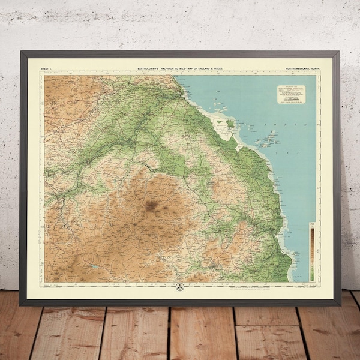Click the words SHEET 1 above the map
(x=46, y=70)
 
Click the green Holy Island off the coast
(x=230, y=123)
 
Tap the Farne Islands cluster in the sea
(x=266, y=140)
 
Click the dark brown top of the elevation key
(x=311, y=227)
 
